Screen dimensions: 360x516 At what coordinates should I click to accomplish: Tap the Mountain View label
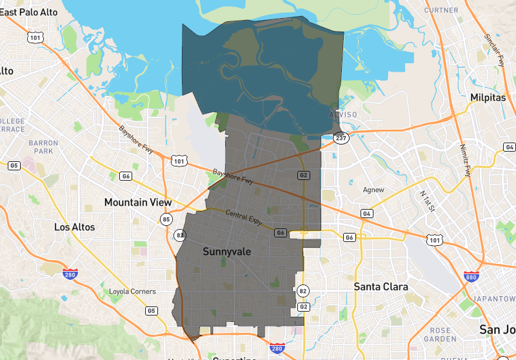pyautogui.click(x=138, y=203)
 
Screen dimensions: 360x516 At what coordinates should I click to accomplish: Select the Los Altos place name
pyautogui.click(x=74, y=227)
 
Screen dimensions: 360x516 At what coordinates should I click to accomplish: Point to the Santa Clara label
pyautogui.click(x=381, y=286)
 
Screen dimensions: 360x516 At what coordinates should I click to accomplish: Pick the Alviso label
pyautogui.click(x=342, y=115)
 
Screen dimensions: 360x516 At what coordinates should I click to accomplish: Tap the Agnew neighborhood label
pyautogui.click(x=373, y=190)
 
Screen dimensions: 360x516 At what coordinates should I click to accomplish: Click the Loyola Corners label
pyautogui.click(x=132, y=292)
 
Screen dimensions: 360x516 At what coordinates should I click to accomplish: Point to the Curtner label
pyautogui.click(x=442, y=10)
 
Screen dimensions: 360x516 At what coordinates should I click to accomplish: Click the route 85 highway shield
pyautogui.click(x=166, y=219)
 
